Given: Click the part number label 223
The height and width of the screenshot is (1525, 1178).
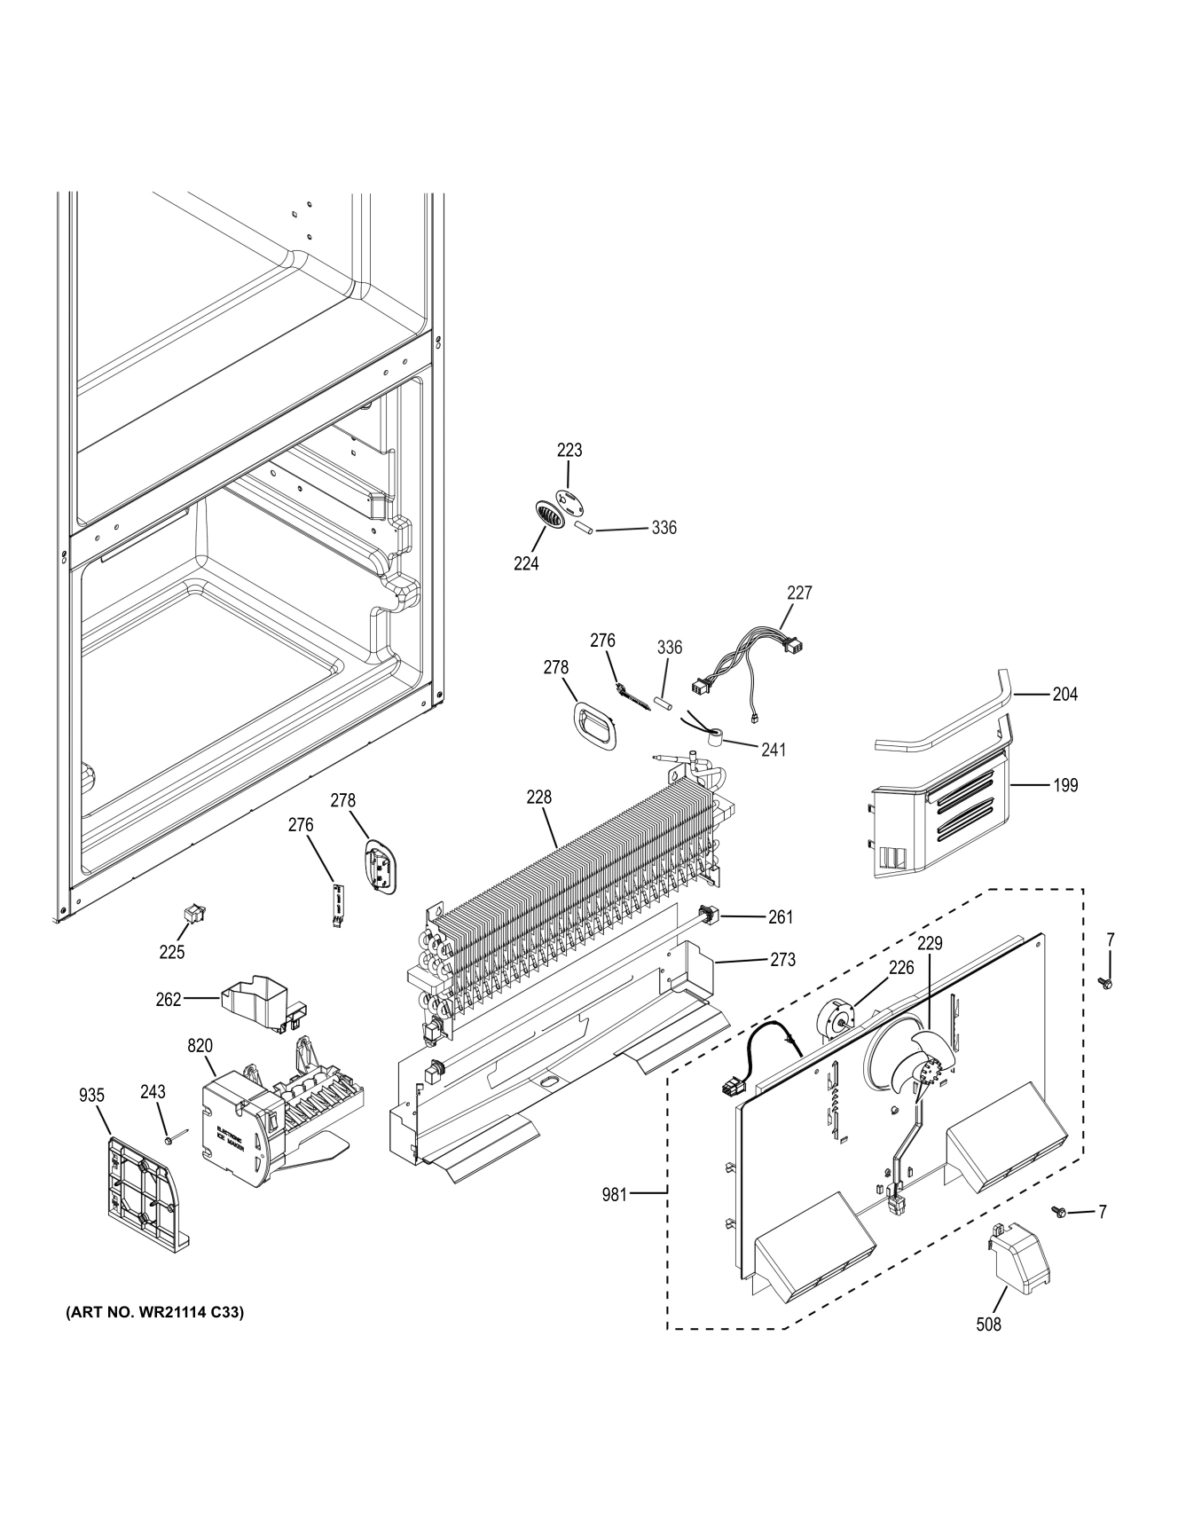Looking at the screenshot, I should click(569, 450).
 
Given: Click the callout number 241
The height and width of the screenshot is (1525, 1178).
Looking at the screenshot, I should click(774, 750).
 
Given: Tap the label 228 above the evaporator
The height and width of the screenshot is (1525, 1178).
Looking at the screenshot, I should click(538, 798).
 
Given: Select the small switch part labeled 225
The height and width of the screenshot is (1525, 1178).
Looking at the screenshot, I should click(192, 913).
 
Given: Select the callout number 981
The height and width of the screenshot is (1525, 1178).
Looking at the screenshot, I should click(614, 1195).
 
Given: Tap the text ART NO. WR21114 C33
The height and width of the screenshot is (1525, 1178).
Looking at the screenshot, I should click(155, 1312).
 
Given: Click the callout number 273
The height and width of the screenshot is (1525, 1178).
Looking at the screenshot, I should click(783, 959).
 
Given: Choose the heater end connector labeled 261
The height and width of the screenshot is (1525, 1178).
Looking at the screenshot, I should click(710, 915).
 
